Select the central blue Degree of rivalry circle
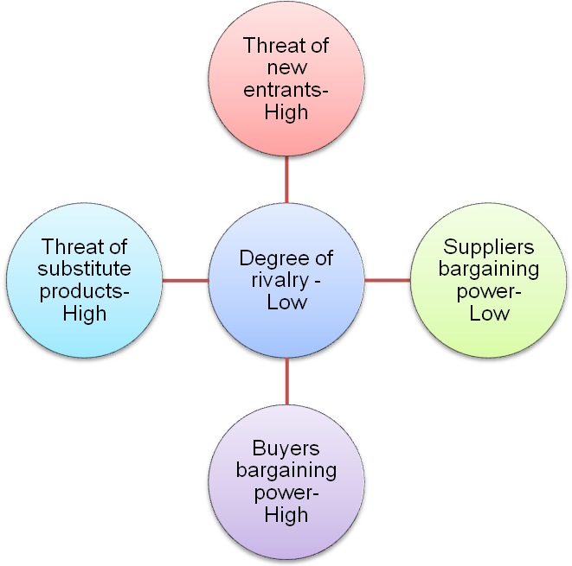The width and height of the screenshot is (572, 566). tap(286, 280)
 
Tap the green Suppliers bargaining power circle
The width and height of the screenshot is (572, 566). tap(488, 280)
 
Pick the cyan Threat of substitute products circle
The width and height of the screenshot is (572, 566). tap(85, 280)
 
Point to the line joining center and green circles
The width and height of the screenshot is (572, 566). tap(387, 280)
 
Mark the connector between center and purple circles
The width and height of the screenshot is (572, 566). tap(286, 381)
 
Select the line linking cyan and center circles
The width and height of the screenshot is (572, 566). tap(185, 280)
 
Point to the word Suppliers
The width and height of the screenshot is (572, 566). tap(489, 247)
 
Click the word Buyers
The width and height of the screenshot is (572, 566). tap(286, 448)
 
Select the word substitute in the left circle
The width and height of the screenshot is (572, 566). tap(85, 269)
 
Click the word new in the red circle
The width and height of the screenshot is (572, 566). tap(286, 67)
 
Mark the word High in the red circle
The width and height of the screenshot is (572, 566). tap(286, 112)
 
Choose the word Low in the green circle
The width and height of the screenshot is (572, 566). tap(489, 314)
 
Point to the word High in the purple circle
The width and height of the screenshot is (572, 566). tap(286, 516)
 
